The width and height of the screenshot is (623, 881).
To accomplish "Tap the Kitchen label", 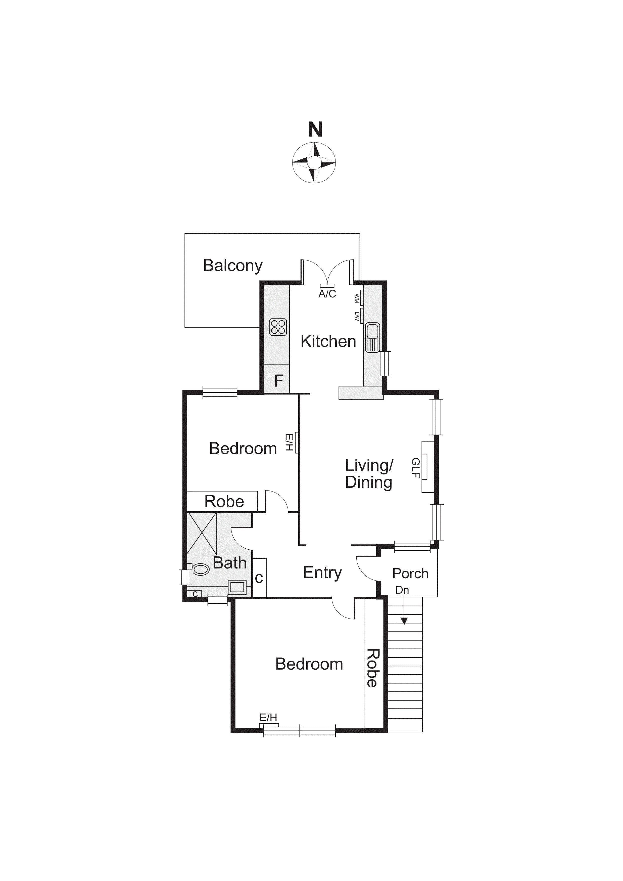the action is (x=328, y=341).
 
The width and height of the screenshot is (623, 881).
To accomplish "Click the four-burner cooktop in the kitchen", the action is (x=278, y=327).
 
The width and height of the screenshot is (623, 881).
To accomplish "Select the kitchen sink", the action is (x=372, y=338).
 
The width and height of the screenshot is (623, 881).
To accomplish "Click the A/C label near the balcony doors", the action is (x=327, y=294).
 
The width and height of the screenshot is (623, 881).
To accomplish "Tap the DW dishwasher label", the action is (x=357, y=316).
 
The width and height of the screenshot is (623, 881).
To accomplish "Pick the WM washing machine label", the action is (x=357, y=298).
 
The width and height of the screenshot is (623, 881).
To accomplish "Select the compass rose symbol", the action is (x=314, y=162).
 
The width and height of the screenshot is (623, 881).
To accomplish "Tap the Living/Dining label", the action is (x=369, y=474).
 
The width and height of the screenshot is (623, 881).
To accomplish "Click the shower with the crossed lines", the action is (x=202, y=534).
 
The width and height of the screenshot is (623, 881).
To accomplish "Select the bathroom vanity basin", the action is (x=237, y=587).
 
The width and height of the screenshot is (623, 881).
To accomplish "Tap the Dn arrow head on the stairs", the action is (x=404, y=621).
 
